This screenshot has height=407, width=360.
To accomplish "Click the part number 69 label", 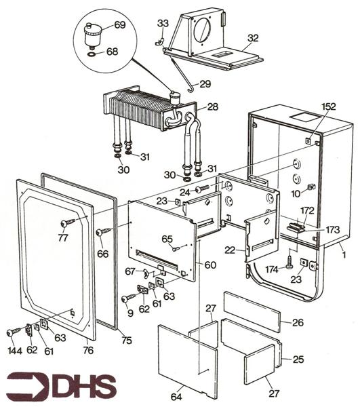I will point(119,25).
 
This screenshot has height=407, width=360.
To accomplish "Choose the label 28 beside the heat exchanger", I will point(212,107).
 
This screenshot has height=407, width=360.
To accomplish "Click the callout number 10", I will point(296,194).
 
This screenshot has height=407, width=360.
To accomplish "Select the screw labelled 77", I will point(65,222).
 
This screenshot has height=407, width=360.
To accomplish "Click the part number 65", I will point(167,239).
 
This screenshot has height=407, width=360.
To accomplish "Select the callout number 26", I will point(298,323).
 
